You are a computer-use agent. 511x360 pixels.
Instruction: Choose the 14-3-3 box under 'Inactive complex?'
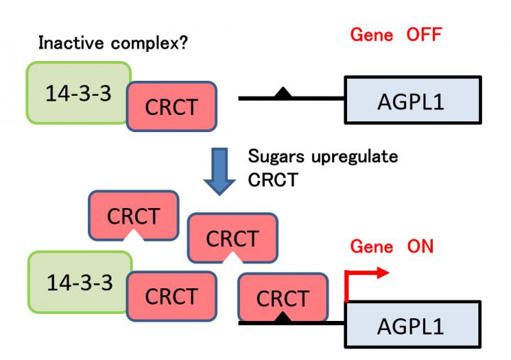[78, 94]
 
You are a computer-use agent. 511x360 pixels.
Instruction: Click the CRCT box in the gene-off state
[171, 106]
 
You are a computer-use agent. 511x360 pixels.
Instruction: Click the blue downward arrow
[221, 168]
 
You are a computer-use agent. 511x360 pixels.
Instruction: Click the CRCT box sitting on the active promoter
[283, 297]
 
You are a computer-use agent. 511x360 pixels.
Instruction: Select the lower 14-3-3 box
[78, 283]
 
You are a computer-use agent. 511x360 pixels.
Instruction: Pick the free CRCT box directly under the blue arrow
[232, 239]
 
